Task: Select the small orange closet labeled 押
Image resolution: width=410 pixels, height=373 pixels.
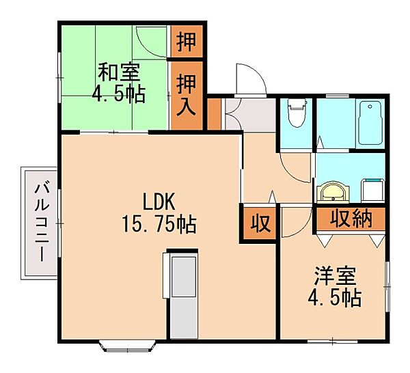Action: coord(186,41)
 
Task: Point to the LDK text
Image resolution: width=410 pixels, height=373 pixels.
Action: coord(160,201)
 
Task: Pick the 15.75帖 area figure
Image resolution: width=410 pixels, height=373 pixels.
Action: coord(160,222)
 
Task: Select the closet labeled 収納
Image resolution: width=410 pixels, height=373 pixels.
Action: coord(351,219)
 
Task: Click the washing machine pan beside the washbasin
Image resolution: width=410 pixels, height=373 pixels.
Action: coord(372,188)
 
